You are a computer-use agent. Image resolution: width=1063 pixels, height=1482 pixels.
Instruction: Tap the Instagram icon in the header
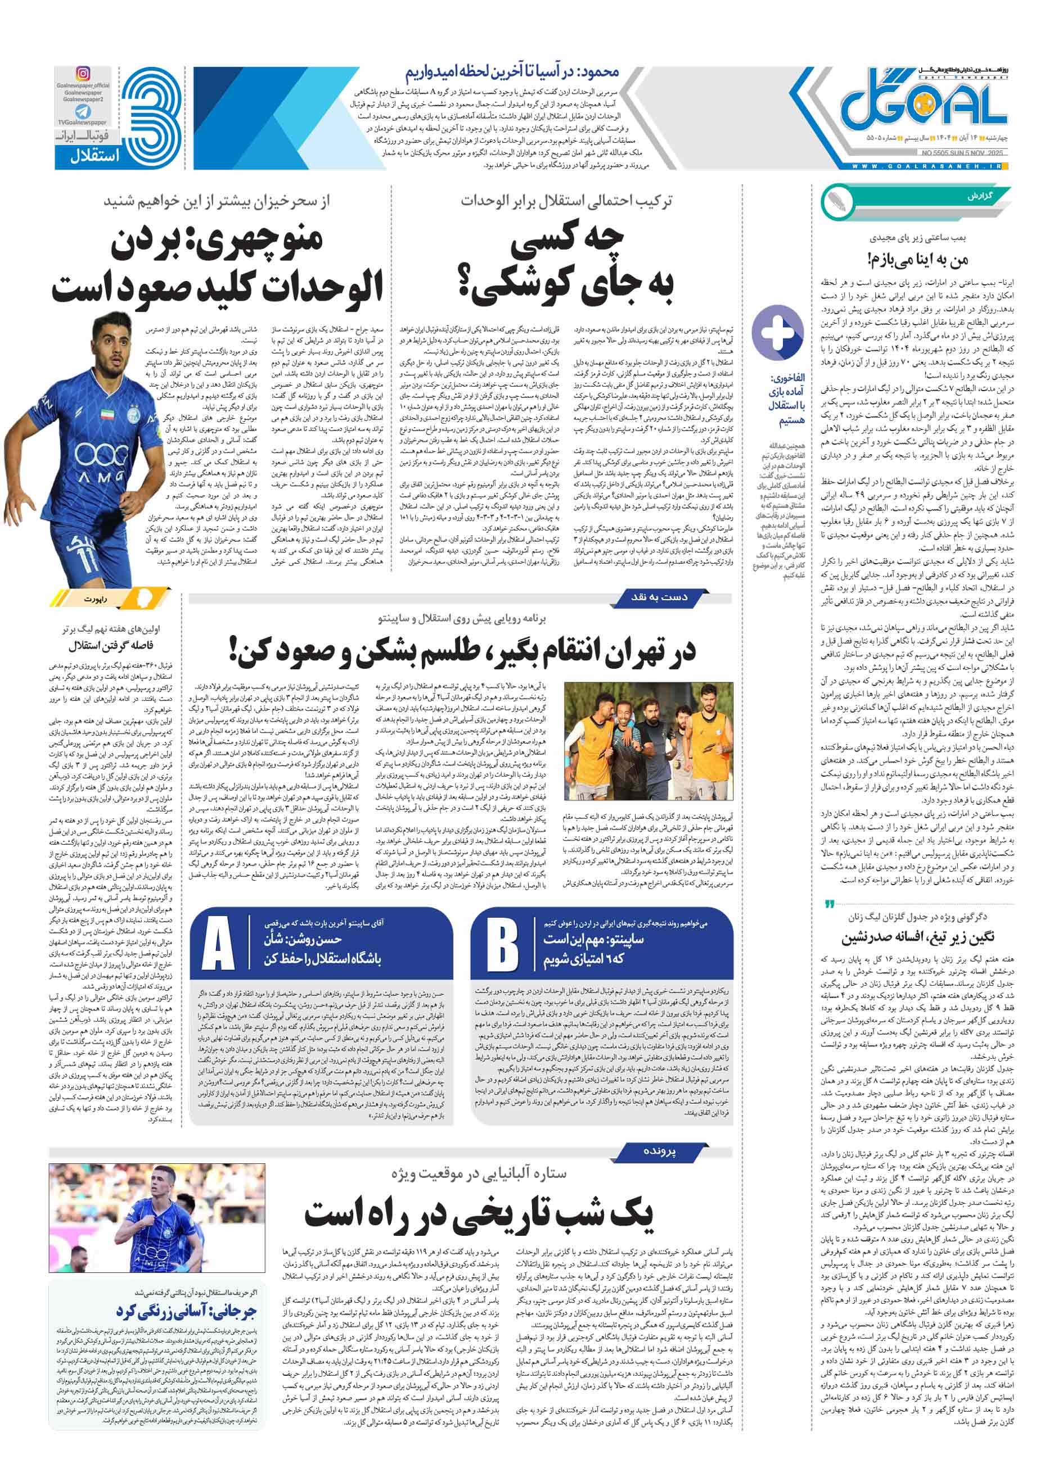click(83, 73)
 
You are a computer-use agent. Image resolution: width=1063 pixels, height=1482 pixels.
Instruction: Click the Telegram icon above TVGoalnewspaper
click(83, 112)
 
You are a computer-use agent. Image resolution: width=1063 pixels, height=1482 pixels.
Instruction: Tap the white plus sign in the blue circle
click(777, 332)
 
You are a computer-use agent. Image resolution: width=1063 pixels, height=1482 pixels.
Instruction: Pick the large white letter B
click(502, 944)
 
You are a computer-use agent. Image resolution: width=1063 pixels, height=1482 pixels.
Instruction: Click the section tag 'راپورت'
click(96, 599)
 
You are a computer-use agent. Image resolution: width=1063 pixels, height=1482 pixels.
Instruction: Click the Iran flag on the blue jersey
click(108, 413)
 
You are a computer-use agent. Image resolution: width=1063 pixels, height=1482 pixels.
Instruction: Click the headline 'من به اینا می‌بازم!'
click(918, 260)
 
